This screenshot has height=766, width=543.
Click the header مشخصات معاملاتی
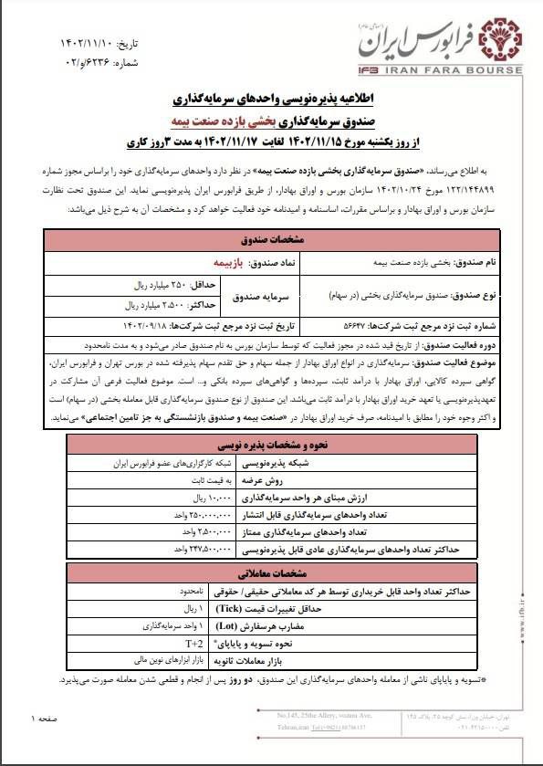pyautogui.click(x=271, y=576)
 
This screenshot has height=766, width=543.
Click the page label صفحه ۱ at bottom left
pyautogui.click(x=44, y=720)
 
